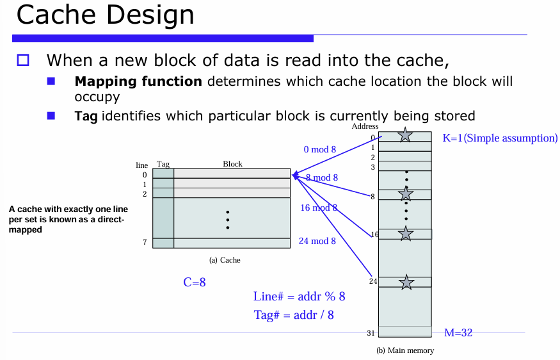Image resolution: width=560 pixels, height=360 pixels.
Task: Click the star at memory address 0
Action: pyautogui.click(x=405, y=135)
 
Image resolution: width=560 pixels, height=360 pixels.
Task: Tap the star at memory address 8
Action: pyautogui.click(x=405, y=193)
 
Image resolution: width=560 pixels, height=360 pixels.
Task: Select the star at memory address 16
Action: pyautogui.click(x=405, y=234)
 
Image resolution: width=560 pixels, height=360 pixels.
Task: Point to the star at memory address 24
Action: pyautogui.click(x=405, y=281)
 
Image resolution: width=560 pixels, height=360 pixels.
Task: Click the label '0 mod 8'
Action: pyautogui.click(x=319, y=149)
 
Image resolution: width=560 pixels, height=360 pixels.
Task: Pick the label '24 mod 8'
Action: pyautogui.click(x=317, y=241)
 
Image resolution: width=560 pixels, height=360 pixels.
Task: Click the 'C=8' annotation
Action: pyautogui.click(x=194, y=282)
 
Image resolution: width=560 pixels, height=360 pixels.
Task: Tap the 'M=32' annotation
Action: pyautogui.click(x=458, y=332)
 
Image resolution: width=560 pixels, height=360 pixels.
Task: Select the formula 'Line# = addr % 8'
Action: pyautogui.click(x=300, y=296)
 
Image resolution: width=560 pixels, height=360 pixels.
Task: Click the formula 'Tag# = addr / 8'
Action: pyautogui.click(x=294, y=315)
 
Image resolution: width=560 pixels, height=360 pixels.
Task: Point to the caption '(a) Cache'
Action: pyautogui.click(x=225, y=260)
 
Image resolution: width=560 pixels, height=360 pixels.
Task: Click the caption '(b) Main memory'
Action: pyautogui.click(x=404, y=350)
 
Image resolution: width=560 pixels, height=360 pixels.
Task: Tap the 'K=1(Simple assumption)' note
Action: pyautogui.click(x=500, y=138)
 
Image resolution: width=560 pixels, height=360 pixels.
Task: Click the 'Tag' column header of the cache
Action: pyautogui.click(x=163, y=164)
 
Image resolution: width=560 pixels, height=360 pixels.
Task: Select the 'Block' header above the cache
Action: pyautogui.click(x=232, y=164)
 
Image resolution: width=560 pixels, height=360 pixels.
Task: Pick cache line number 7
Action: pyautogui.click(x=145, y=243)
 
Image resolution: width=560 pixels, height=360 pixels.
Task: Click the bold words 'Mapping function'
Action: pyautogui.click(x=138, y=82)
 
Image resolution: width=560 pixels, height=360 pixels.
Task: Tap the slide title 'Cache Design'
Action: pyautogui.click(x=105, y=15)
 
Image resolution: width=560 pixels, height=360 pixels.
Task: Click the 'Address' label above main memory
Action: pyautogui.click(x=365, y=126)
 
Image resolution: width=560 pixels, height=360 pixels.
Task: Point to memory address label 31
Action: pyautogui.click(x=371, y=332)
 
